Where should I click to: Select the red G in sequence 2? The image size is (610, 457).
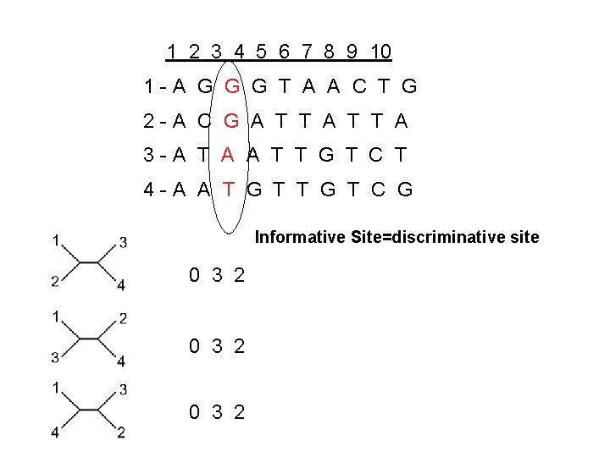coord(230,121)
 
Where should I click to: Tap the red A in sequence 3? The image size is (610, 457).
coord(227,154)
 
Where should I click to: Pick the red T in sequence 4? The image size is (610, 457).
coord(228,189)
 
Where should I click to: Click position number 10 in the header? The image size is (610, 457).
coord(380,52)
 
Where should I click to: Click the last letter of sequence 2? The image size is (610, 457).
coord(401,121)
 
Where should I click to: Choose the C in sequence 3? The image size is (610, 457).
coord(379,154)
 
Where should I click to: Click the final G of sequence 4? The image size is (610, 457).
coord(405,189)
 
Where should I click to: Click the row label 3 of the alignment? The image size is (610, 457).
coord(148,154)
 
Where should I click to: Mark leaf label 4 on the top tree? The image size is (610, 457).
coord(121,285)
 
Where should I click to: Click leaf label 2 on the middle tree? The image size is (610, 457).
coord(123,318)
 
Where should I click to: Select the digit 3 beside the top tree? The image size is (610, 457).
coord(218,275)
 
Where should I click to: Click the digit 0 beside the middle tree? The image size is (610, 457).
coord(195,344)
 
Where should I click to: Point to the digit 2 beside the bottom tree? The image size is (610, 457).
coord(240,412)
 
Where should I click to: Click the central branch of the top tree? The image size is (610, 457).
coord(89,263)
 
